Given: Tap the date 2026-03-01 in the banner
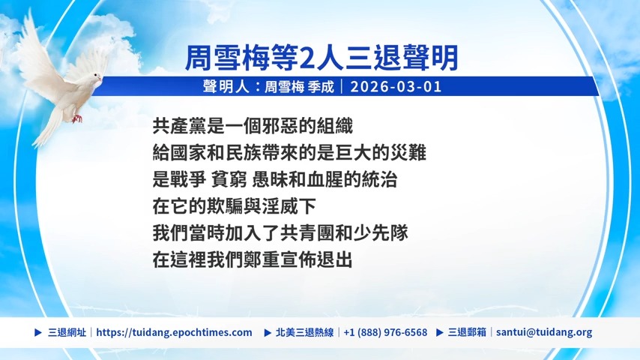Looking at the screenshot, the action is click(396, 87).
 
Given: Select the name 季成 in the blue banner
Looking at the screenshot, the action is click(321, 87).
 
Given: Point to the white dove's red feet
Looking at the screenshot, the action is click(76, 118).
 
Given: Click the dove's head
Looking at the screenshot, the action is click(95, 78).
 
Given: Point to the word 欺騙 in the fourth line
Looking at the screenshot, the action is click(234, 206).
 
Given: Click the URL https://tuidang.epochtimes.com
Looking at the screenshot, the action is click(175, 332).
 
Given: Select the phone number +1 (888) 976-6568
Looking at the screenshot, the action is click(385, 332).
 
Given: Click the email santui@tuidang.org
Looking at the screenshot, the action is click(544, 332).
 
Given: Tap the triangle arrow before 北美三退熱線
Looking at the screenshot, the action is click(268, 332).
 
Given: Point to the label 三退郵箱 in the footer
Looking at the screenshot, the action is click(467, 332).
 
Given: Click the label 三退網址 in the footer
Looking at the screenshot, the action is click(67, 332).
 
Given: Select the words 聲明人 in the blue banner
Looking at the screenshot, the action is click(226, 87).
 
